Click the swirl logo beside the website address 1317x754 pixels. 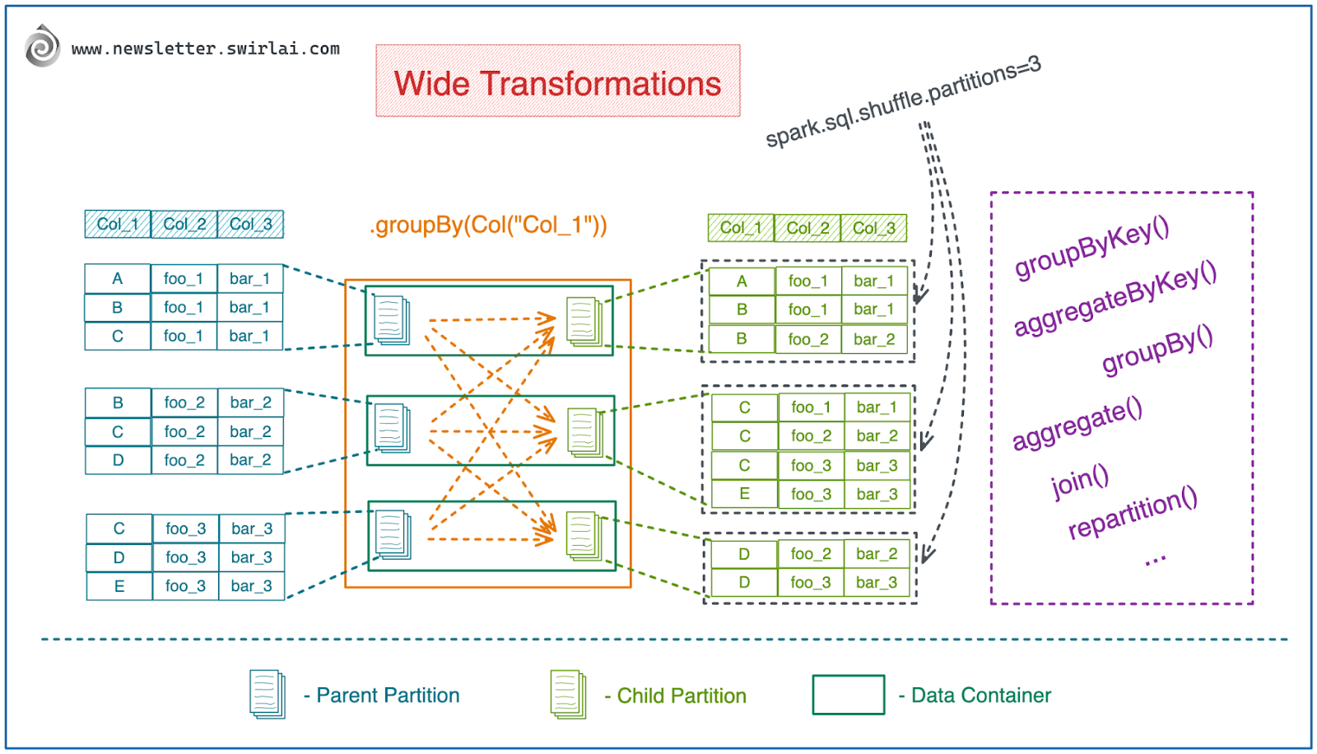point(42,46)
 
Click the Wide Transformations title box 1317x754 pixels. point(557,81)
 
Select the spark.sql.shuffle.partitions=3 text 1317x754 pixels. point(903,101)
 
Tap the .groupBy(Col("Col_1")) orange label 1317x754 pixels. point(488,225)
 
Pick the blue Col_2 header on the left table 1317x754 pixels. point(184,224)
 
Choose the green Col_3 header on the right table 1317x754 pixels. point(873,228)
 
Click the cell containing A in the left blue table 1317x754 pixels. point(118,279)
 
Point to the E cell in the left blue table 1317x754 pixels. point(119,586)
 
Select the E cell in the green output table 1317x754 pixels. point(744,494)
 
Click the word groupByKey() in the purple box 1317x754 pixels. point(1091,247)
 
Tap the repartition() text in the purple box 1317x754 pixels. point(1132,512)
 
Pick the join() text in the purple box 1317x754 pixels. point(1080,481)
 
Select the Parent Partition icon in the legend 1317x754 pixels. point(268,694)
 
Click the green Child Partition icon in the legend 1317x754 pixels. point(568,694)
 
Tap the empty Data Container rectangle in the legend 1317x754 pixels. point(848,695)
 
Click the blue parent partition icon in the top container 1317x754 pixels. point(392,319)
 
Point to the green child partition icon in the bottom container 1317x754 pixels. point(584,535)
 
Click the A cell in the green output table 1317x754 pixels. point(742,282)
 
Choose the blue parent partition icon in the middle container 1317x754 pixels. point(392,427)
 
